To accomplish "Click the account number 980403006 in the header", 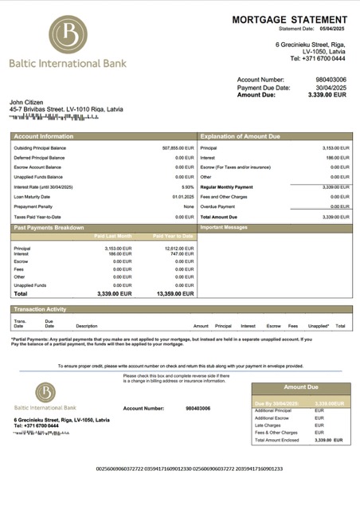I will [331, 80].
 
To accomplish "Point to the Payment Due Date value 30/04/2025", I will [330, 87].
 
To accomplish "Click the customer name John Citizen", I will [26, 102].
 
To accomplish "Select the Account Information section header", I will [44, 136].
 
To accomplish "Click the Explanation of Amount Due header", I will [241, 136].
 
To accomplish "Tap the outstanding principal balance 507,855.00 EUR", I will [178, 148].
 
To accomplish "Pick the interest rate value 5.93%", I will [187, 186].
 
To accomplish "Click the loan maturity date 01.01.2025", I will [183, 197].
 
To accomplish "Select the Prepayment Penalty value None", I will [189, 206].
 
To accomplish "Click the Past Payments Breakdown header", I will [49, 228].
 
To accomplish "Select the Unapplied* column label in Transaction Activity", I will [319, 326].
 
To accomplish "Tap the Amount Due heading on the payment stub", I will [300, 387].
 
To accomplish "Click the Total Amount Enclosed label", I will [277, 440].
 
